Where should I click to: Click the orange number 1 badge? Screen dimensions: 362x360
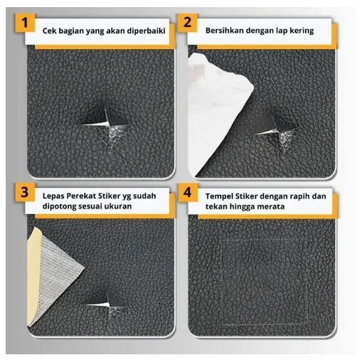click(26, 23)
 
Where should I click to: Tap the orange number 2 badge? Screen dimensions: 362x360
click(187, 23)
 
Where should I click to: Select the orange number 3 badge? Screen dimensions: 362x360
click(26, 192)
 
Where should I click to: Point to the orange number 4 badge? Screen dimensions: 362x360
click(188, 192)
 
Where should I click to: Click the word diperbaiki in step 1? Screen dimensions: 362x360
click(146, 31)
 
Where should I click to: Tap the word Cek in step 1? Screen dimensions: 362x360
click(49, 31)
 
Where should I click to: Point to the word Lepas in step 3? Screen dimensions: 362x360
click(53, 196)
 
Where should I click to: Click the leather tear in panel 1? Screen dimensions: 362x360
click(105, 125)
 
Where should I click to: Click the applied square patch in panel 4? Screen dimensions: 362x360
click(265, 282)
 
